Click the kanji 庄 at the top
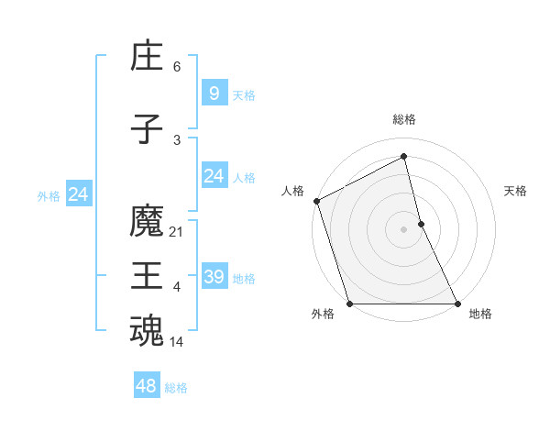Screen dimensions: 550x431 (x=147, y=56)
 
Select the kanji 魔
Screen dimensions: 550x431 (x=147, y=221)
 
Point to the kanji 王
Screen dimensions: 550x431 (x=147, y=276)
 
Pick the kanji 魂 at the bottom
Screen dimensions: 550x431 (x=147, y=331)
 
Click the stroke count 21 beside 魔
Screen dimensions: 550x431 (x=177, y=232)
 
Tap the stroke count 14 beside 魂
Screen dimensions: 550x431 (x=177, y=342)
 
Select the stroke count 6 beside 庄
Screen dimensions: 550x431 (x=177, y=67)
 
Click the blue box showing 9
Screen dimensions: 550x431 (x=214, y=93)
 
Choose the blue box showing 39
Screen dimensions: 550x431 (x=214, y=276)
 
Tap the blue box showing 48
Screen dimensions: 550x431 (x=146, y=386)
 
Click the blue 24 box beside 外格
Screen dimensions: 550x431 (x=79, y=193)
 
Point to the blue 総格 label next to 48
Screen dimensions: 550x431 (x=176, y=388)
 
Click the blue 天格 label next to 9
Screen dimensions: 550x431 (x=244, y=94)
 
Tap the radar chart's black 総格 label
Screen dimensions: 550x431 (x=404, y=119)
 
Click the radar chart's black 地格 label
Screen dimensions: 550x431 (x=480, y=315)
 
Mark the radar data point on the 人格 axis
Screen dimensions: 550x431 (x=316, y=201)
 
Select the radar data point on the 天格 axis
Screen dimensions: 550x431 (x=421, y=224)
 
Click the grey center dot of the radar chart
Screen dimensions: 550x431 (x=404, y=229)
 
